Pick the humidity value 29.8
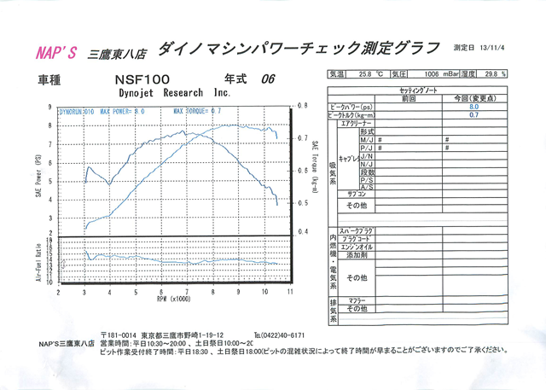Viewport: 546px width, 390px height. coord(494,73)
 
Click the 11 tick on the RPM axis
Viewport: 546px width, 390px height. coord(291,292)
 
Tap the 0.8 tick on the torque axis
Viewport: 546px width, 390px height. coord(302,106)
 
